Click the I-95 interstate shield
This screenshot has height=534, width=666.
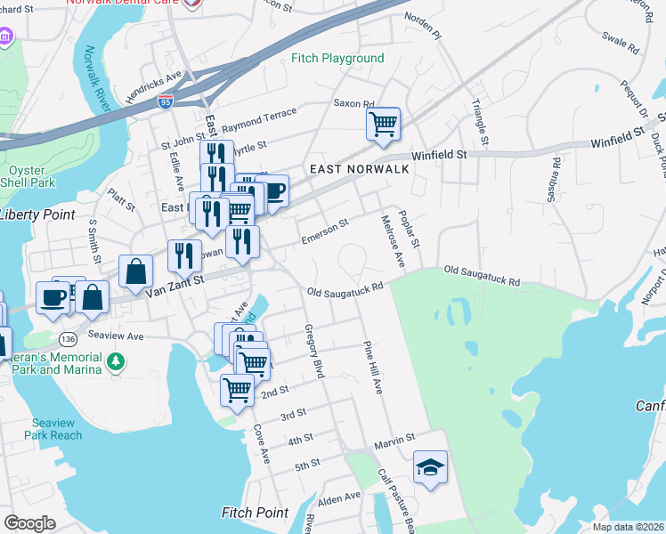[166, 102]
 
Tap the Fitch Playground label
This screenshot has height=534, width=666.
[337, 59]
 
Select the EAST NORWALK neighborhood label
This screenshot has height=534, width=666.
[359, 169]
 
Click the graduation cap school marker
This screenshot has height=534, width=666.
[430, 466]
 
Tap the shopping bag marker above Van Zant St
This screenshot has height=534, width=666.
[134, 271]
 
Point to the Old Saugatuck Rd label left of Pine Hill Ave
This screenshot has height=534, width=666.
[345, 289]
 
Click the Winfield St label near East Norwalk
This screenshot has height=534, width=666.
[439, 155]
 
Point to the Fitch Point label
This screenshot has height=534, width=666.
[255, 513]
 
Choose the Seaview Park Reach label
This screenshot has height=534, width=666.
[57, 429]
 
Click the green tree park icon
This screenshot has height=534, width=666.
[115, 362]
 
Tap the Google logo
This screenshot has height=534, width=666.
[29, 522]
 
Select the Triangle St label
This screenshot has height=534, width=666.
[480, 122]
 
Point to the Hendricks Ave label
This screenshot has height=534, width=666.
[153, 85]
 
